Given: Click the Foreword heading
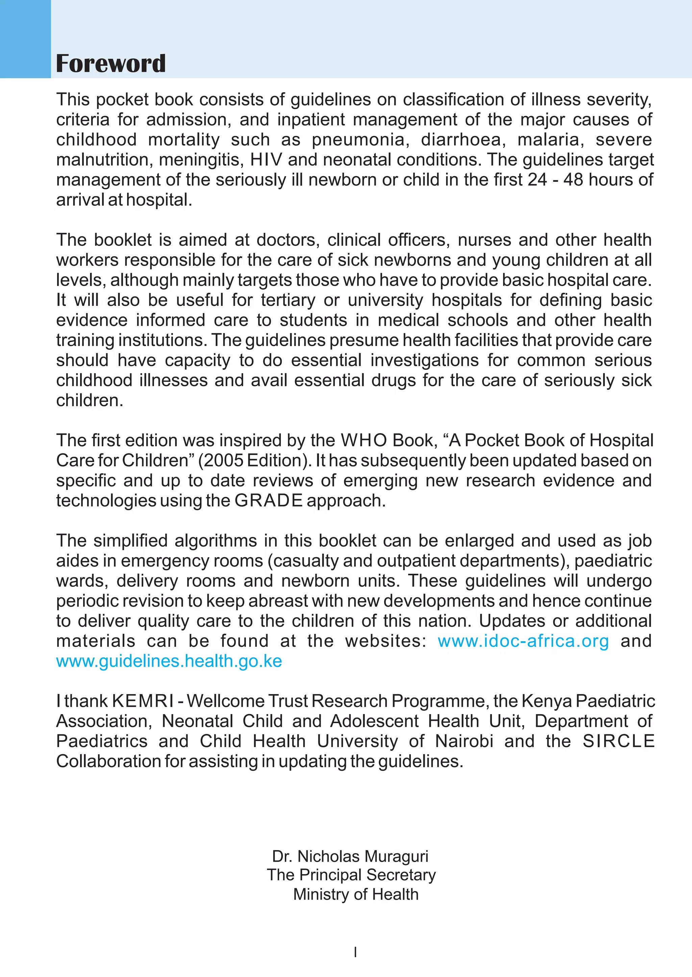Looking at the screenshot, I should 111,64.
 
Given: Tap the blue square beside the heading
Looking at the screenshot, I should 25,39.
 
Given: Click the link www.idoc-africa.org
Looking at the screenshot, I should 523,641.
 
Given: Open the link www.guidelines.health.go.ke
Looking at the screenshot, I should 169,661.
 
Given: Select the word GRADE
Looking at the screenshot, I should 268,500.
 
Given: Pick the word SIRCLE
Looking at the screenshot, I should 618,741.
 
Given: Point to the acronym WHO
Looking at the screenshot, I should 364,440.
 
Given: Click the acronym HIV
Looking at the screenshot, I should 266,160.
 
